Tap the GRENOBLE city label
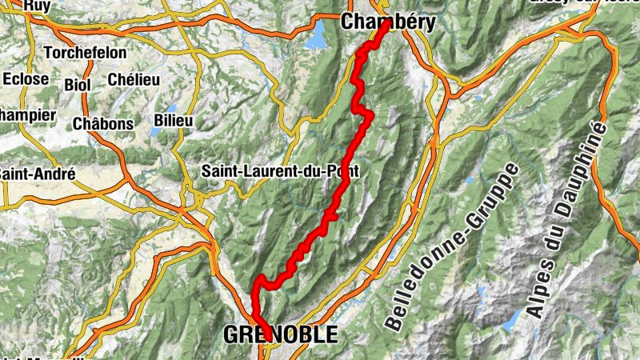pyautogui.click(x=281, y=334)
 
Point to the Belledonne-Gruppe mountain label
pyautogui.click(x=453, y=248)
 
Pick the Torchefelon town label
pyautogui.click(x=60, y=54)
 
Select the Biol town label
pyautogui.click(x=78, y=84)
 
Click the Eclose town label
pyautogui.click(x=26, y=79)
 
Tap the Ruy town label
pyautogui.click(x=37, y=5)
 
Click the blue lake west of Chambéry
pyautogui.click(x=318, y=36)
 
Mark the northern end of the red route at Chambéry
pyautogui.click(x=386, y=23)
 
